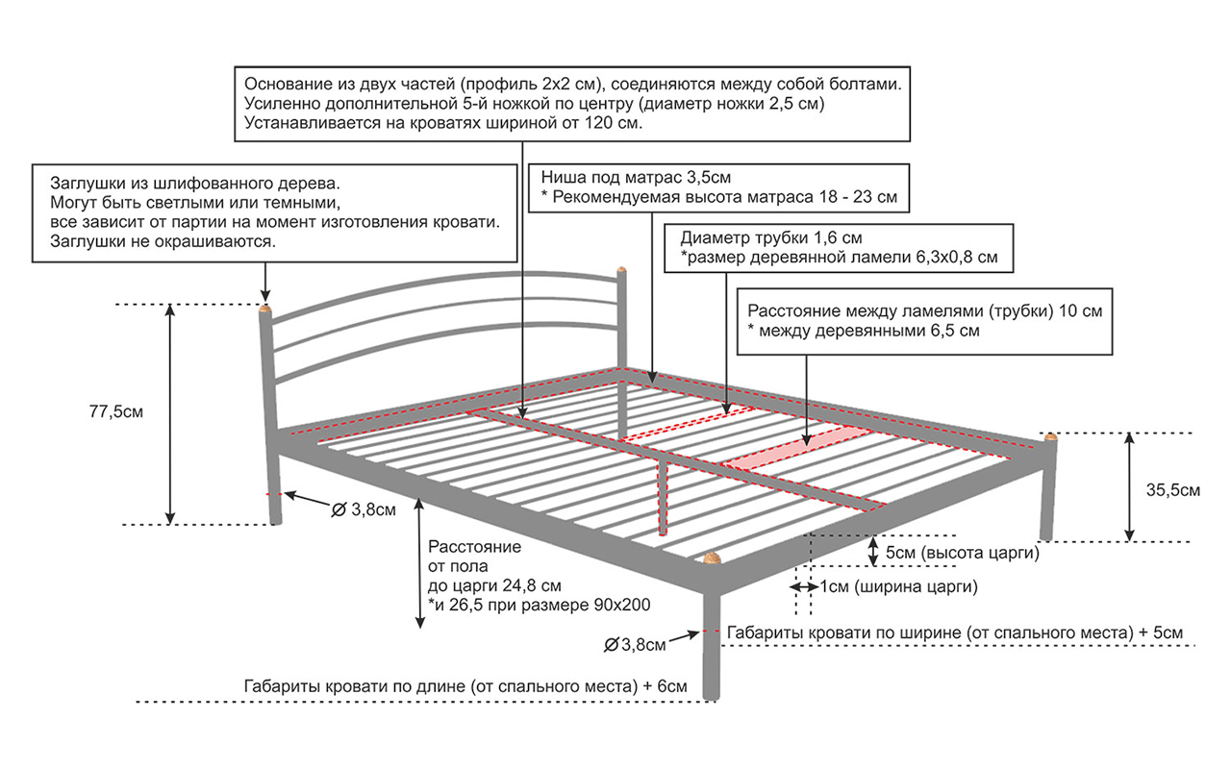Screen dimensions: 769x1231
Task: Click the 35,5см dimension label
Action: (1173, 489)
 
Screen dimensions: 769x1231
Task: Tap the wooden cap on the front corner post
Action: (712, 558)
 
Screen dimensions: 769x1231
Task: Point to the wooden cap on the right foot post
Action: (1050, 437)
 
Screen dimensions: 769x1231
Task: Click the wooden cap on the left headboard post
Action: (265, 310)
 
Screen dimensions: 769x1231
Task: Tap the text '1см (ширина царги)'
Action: (898, 586)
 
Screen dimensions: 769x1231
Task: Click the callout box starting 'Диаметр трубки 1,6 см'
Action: (839, 247)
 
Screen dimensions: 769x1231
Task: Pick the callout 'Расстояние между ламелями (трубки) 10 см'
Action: (924, 321)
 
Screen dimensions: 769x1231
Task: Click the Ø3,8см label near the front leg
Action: (635, 644)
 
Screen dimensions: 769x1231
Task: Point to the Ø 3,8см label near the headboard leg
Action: (363, 510)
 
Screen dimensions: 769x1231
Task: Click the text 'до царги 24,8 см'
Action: (494, 585)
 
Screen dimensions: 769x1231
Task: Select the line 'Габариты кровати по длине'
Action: (465, 687)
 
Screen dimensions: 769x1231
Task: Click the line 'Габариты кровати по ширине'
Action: (954, 633)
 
